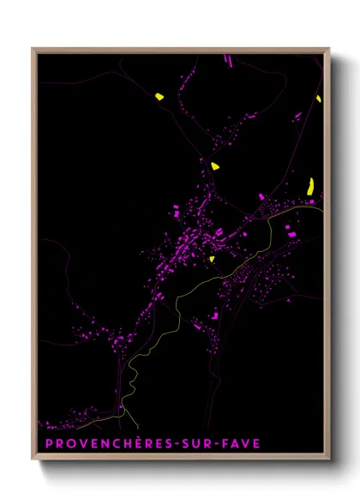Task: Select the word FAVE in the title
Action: pos(241,443)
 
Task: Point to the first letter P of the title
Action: pos(48,443)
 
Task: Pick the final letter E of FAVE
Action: pos(256,443)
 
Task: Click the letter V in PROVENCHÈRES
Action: pos(82,443)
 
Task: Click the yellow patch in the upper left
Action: pos(159,97)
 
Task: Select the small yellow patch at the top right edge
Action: pos(318,99)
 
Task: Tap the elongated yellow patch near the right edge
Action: pos(312,184)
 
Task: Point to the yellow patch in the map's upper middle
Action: pos(214,165)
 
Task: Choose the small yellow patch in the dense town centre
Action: pos(211,258)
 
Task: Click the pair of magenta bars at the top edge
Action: pos(229,59)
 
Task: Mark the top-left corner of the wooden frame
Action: pos(33,49)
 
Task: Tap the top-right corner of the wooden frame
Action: pos(329,49)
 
